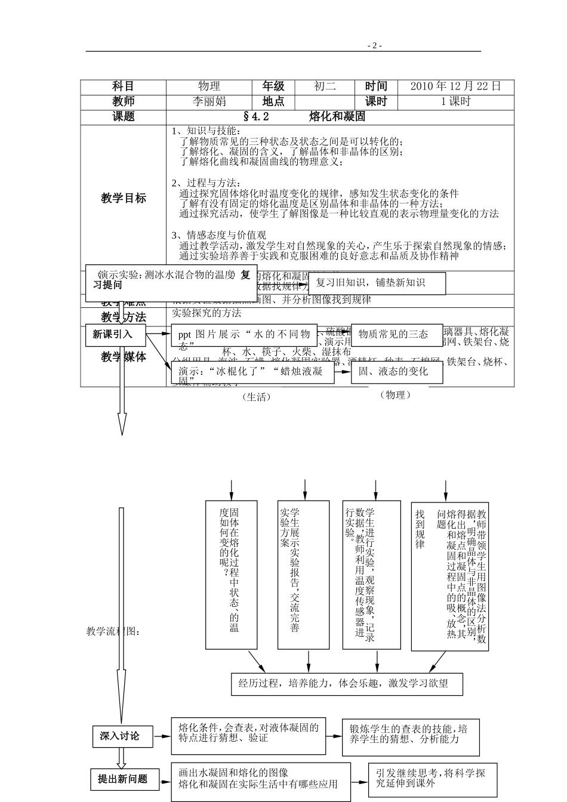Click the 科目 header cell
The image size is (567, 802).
[124, 87]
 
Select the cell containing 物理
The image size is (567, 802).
[209, 87]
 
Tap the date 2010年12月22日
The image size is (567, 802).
[455, 87]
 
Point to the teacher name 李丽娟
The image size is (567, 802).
[209, 101]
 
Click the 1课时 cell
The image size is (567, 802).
[455, 101]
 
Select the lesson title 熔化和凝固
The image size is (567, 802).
[337, 116]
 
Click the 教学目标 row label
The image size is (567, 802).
[124, 198]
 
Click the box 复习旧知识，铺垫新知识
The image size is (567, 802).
[377, 283]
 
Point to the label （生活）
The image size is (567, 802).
[257, 397]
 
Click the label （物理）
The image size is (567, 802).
[396, 394]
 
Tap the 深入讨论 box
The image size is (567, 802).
[120, 736]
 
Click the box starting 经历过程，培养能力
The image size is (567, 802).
[347, 684]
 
